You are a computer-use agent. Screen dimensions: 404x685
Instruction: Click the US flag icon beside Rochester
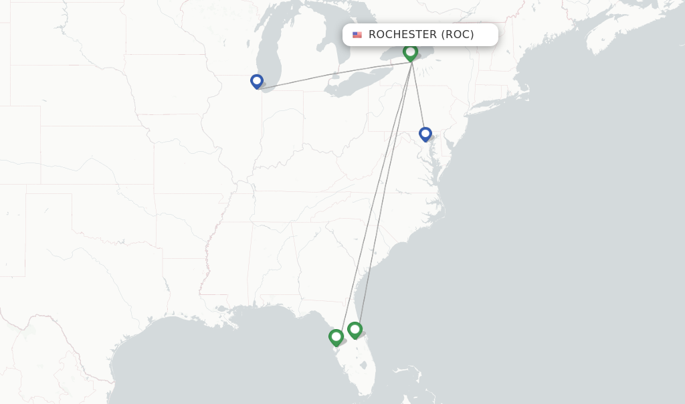pos(357,35)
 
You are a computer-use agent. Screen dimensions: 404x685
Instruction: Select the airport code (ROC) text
pos(457,35)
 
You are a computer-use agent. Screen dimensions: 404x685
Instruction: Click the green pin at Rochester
pos(411,52)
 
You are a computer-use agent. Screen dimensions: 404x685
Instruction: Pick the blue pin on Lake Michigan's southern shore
pos(257,81)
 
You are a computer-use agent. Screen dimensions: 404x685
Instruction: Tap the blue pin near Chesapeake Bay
pos(425,134)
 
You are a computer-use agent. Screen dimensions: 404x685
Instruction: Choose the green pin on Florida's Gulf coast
pos(336,337)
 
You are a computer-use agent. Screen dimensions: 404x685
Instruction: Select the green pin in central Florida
pos(355,329)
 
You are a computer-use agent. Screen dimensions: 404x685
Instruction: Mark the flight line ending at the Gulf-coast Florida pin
pos(375,194)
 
